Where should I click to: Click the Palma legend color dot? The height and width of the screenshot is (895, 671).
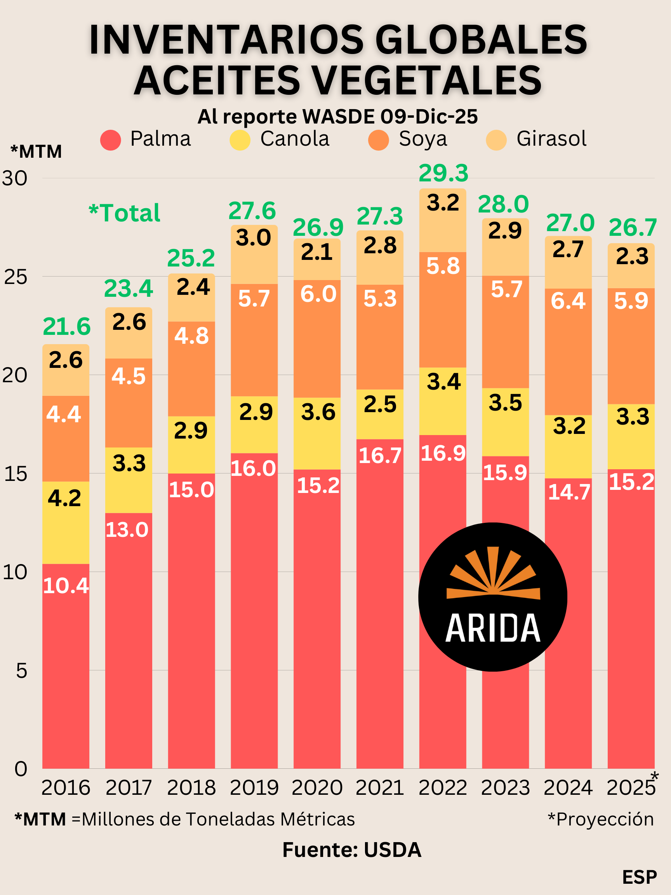pyautogui.click(x=110, y=140)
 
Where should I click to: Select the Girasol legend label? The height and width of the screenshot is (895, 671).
pyautogui.click(x=551, y=139)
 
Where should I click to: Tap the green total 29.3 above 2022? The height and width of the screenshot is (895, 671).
pyautogui.click(x=443, y=173)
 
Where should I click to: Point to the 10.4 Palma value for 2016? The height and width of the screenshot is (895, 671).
pyautogui.click(x=66, y=585)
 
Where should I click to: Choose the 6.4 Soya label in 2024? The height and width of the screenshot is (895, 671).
pyautogui.click(x=568, y=301)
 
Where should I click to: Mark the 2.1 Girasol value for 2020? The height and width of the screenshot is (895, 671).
pyautogui.click(x=317, y=252)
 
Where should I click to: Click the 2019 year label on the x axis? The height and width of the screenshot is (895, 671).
pyautogui.click(x=254, y=787)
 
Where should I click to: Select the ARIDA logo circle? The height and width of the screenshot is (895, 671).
pyautogui.click(x=492, y=597)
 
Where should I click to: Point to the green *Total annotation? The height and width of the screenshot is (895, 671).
pyautogui.click(x=125, y=213)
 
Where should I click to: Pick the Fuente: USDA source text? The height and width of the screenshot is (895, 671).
pyautogui.click(x=351, y=850)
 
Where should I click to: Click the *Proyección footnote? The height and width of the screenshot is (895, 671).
pyautogui.click(x=600, y=819)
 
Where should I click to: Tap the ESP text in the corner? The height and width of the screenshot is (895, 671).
pyautogui.click(x=639, y=877)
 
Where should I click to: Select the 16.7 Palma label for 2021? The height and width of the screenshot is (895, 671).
pyautogui.click(x=380, y=456)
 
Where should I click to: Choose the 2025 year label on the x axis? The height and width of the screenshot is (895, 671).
pyautogui.click(x=631, y=787)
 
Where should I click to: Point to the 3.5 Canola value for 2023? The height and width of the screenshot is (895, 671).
pyautogui.click(x=505, y=403)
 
